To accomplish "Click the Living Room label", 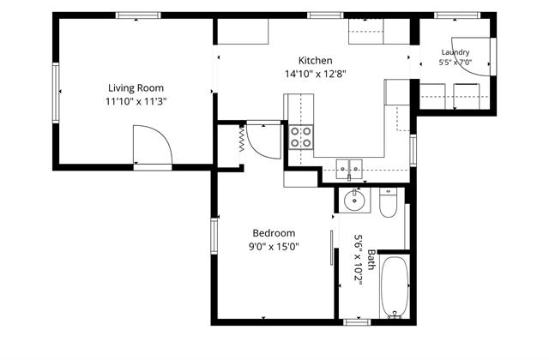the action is point(136,87).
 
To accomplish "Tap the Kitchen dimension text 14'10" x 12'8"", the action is point(315,74).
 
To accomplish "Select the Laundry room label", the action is point(455,52).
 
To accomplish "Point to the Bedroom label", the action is point(274,233).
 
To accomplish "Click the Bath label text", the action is point(371,260).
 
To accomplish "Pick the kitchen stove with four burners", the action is point(301,137).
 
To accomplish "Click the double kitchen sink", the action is point(349,169).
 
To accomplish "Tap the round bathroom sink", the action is point(354,200).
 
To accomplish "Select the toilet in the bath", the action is point(388,202).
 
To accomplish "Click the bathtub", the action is point(395,288).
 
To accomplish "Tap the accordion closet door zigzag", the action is point(242,139).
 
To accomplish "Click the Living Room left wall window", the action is point(56,93).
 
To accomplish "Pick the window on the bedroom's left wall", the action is point(214,236).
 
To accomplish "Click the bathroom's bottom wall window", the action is point(357,322).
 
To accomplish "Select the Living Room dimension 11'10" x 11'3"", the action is point(136,102).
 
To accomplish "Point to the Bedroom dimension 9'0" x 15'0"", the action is point(274,247).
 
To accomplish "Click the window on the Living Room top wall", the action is point(138,15).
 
